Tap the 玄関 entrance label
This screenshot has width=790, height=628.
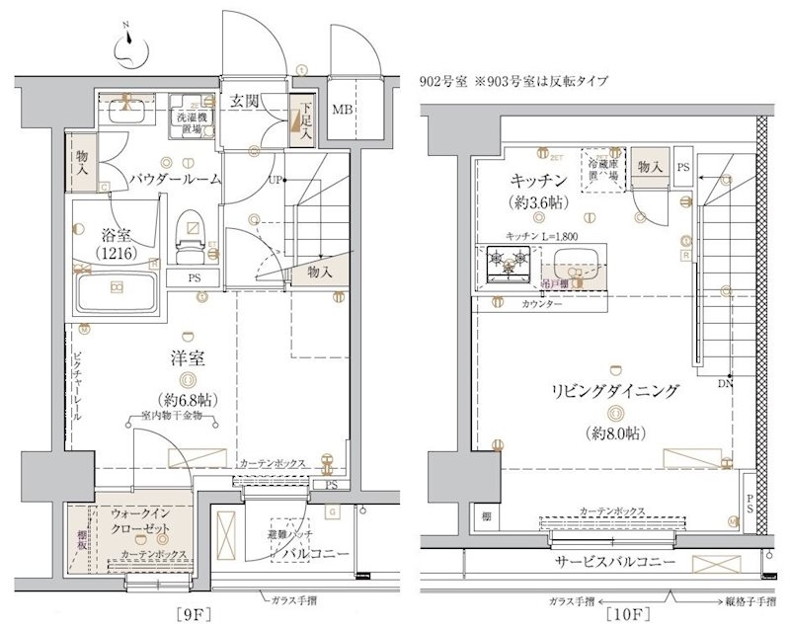click(245, 102)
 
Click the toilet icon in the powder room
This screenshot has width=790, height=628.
click(186, 234)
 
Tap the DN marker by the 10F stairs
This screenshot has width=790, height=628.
click(724, 382)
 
